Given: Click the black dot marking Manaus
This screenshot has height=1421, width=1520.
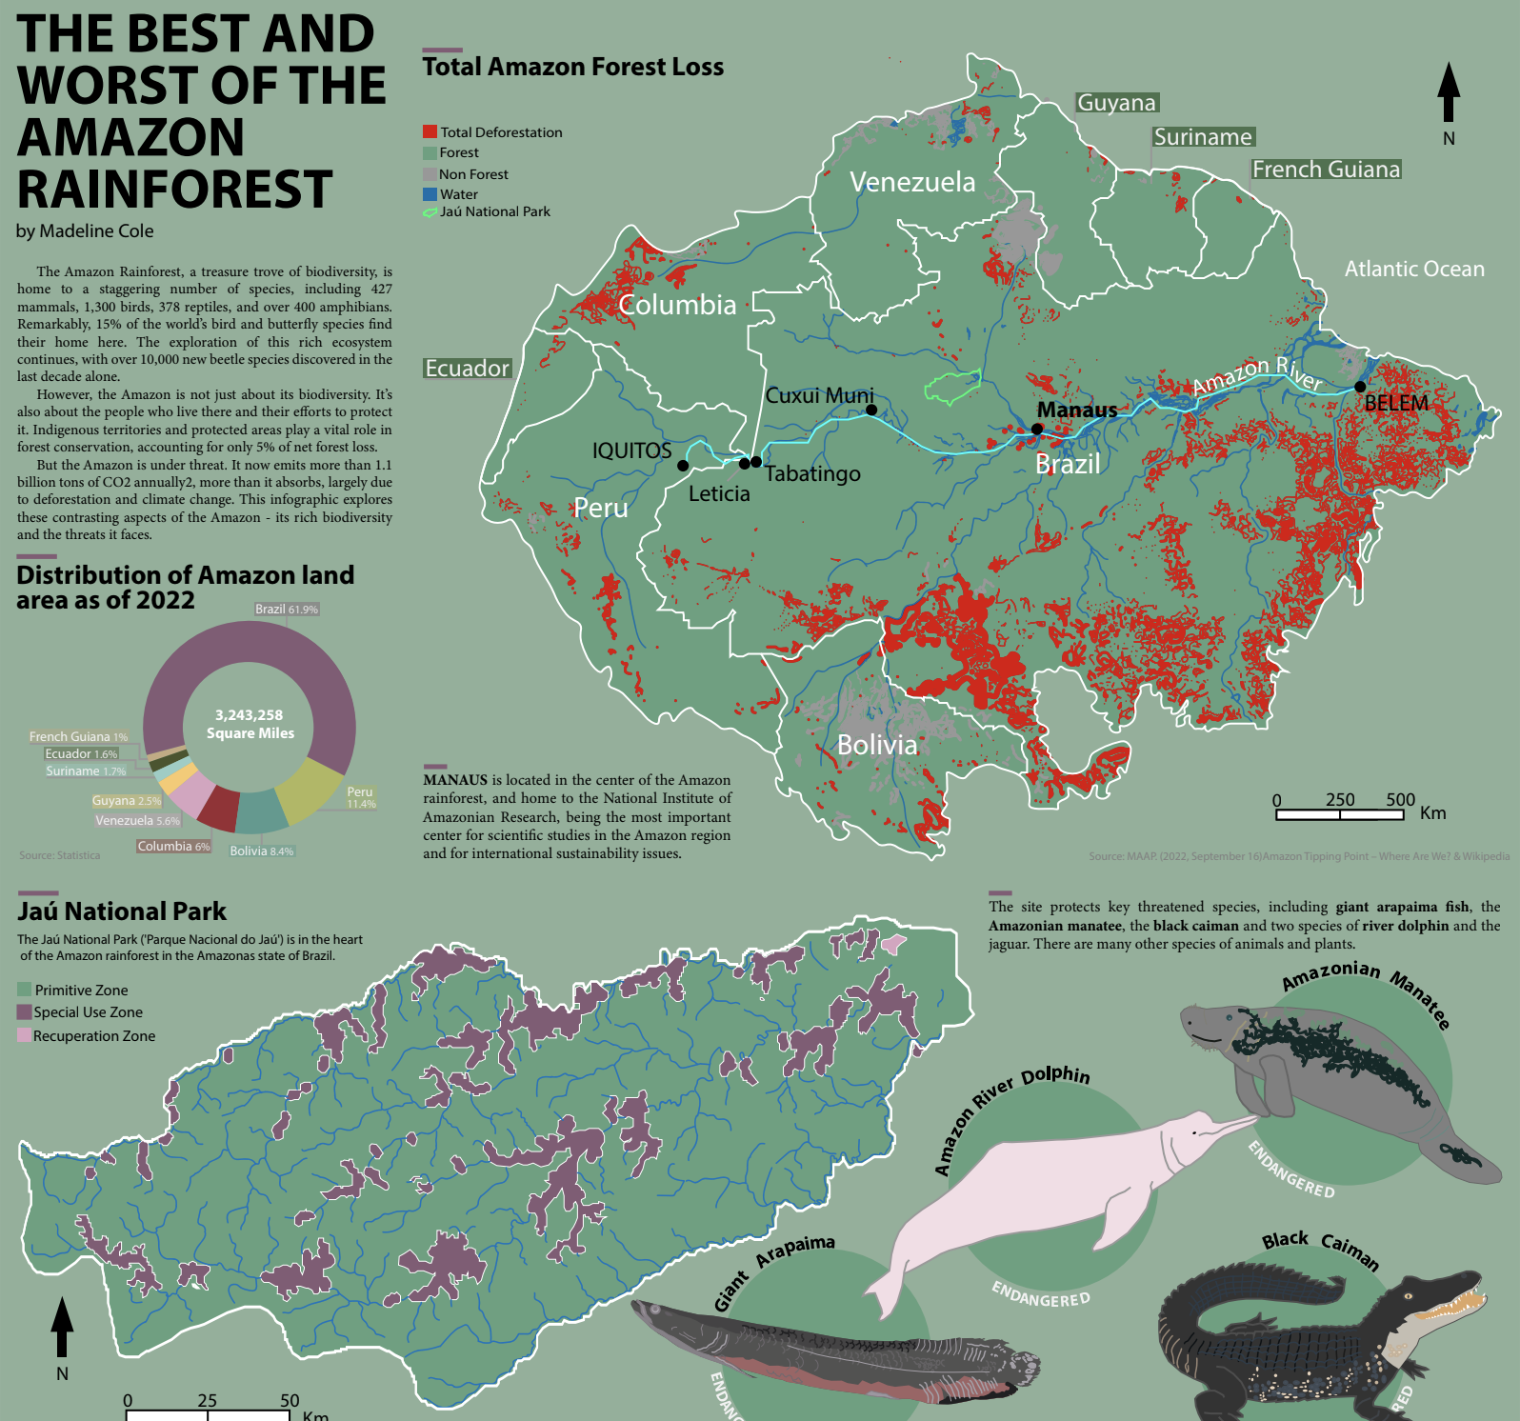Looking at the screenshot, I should click(x=1037, y=429).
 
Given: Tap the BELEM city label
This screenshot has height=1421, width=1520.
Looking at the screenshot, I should click(x=1396, y=403).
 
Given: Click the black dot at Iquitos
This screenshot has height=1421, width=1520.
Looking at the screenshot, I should click(x=683, y=466).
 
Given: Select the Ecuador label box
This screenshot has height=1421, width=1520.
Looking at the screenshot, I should click(x=467, y=369).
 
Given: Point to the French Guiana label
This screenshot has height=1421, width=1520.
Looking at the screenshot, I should click(x=1326, y=170).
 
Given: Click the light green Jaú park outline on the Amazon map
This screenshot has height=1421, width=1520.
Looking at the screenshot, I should click(x=951, y=387).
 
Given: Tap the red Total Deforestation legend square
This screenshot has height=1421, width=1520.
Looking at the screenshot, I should click(x=430, y=131).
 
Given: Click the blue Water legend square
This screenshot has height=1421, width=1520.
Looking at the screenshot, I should click(x=430, y=193).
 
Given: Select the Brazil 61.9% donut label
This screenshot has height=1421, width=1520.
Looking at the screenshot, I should click(x=287, y=609).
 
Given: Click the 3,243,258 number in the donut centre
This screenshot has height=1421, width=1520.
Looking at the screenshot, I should click(x=249, y=715).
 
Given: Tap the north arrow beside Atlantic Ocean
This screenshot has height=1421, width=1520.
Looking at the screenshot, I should click(x=1449, y=93).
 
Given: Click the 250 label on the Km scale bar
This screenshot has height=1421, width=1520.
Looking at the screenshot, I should click(x=1340, y=799).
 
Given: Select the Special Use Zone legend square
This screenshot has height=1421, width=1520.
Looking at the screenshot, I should click(x=24, y=1012).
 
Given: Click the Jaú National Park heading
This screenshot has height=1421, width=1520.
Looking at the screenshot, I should click(x=122, y=911).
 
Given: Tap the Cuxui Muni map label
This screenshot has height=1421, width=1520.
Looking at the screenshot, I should click(x=819, y=395).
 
